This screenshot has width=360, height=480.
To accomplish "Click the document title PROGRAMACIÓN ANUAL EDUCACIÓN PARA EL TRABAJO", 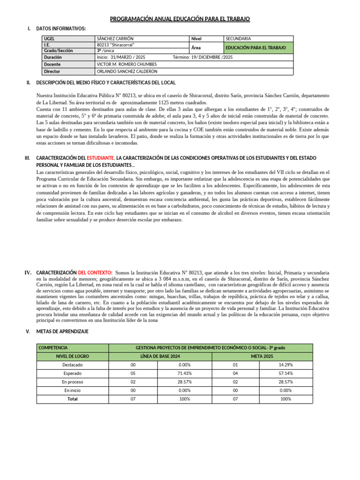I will tap(180, 19).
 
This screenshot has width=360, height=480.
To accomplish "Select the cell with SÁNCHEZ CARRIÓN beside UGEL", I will tap(114, 38).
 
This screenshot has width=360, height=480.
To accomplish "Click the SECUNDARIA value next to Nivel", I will tap(238, 38).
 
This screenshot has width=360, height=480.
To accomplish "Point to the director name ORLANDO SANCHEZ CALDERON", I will tap(127, 72).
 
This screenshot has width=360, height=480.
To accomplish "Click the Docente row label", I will tap(52, 64).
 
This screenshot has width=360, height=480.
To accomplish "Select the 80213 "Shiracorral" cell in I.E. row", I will tap(115, 45).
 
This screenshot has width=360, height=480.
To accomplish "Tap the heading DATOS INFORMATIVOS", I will tap(61, 29).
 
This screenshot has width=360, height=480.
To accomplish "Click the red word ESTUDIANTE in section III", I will tap(101, 158).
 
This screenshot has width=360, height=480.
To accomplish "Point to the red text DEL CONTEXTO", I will tap(95, 272).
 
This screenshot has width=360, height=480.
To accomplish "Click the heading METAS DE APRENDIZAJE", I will tap(62, 331).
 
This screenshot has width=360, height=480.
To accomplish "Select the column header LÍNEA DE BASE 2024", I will tap(159, 356).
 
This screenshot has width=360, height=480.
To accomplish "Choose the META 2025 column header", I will tap(262, 356).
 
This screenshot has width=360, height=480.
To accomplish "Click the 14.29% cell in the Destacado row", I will tap(285, 365).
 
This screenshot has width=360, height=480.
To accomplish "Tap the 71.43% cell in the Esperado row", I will tap(184, 374).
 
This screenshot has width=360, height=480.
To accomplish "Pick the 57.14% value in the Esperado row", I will tap(285, 374).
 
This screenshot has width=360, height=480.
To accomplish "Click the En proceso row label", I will tap(73, 382).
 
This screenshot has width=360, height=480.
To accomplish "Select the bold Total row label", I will tap(73, 399).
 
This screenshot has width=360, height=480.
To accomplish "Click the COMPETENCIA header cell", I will tap(53, 348).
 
